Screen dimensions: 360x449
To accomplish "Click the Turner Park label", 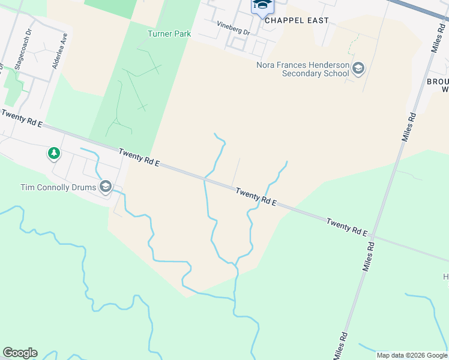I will [169, 34].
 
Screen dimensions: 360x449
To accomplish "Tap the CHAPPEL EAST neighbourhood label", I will [297, 20].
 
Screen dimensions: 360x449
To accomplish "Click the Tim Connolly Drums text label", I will [58, 187].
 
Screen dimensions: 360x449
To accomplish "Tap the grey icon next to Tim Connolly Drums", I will [106, 187].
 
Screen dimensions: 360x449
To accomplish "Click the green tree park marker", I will [54, 154].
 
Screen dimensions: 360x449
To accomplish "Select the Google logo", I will [20, 353].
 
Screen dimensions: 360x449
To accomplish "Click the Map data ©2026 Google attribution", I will [411, 355].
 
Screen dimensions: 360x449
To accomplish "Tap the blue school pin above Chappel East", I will [262, 5].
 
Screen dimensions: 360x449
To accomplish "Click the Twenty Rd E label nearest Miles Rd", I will [347, 227].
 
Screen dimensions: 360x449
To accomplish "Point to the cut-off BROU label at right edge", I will [437, 81].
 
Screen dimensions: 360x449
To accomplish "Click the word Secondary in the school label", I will [305, 74].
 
